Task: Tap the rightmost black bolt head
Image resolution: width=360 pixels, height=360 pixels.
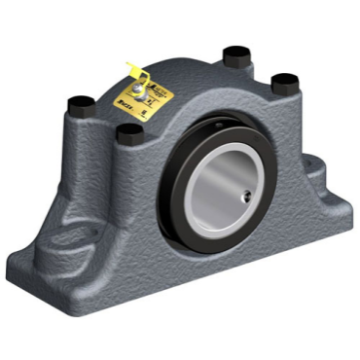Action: [x=282, y=83]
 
